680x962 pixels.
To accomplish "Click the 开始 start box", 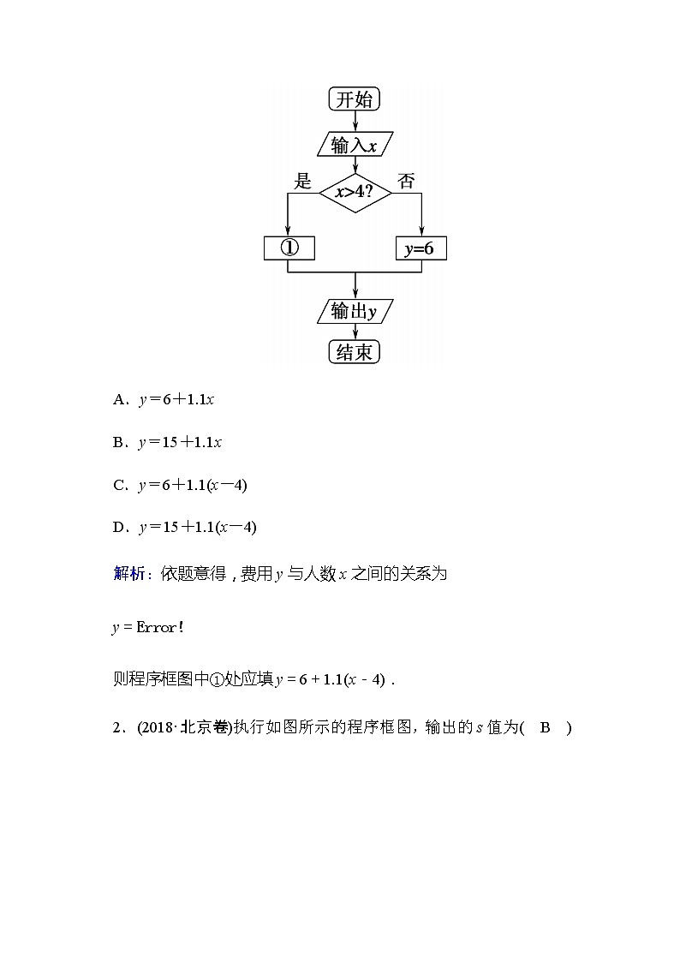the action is (x=354, y=99).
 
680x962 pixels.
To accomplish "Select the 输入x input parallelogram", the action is (x=354, y=145).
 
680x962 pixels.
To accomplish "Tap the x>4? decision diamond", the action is (x=355, y=193).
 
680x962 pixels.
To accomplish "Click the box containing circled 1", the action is (x=289, y=248).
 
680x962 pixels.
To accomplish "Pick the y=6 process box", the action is (x=420, y=248).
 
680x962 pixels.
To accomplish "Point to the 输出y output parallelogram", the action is (x=354, y=311).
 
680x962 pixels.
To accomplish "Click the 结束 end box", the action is (x=354, y=352).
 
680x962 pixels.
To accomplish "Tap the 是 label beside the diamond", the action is (x=302, y=181).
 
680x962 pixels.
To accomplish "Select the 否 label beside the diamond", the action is (x=406, y=181).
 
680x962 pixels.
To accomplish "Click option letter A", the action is (x=118, y=400).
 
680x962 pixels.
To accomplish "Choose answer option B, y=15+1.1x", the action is (x=180, y=443).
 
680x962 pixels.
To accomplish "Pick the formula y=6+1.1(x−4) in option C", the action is (x=193, y=485).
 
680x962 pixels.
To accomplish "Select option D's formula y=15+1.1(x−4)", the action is (x=197, y=528).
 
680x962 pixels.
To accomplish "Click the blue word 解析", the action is (x=129, y=574).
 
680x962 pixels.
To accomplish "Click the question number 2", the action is (x=116, y=728).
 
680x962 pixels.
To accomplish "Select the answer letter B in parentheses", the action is (x=545, y=728).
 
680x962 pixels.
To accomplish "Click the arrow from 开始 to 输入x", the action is (x=355, y=122).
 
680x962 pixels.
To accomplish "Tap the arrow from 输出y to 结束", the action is (x=355, y=332).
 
